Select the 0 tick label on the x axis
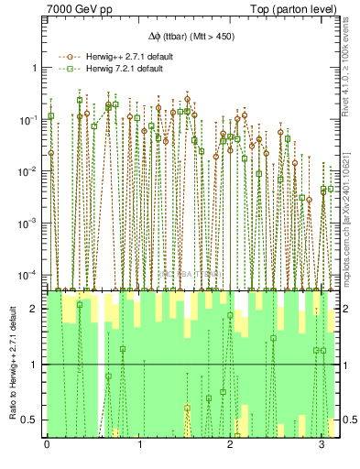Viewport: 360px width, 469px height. click(47, 446)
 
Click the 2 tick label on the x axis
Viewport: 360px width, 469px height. click(229, 446)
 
